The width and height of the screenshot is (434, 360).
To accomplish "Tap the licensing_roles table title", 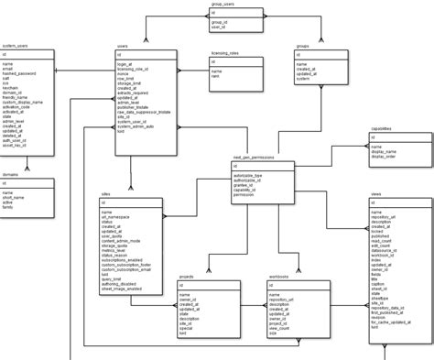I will pyautogui.click(x=224, y=53).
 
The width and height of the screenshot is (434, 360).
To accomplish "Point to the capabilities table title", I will pyautogui.click(x=382, y=130).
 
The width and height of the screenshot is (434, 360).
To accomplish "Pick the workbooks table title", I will pyautogui.click(x=279, y=276).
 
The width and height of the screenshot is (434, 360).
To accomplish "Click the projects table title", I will pyautogui.click(x=187, y=276).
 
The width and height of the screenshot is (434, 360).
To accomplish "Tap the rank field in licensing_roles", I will pyautogui.click(x=217, y=76).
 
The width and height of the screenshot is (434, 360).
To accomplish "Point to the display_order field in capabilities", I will pyautogui.click(x=384, y=156).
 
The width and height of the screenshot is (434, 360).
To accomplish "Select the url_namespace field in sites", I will pyautogui.click(x=118, y=217).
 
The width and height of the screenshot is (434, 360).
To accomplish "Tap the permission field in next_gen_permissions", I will pyautogui.click(x=245, y=195).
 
